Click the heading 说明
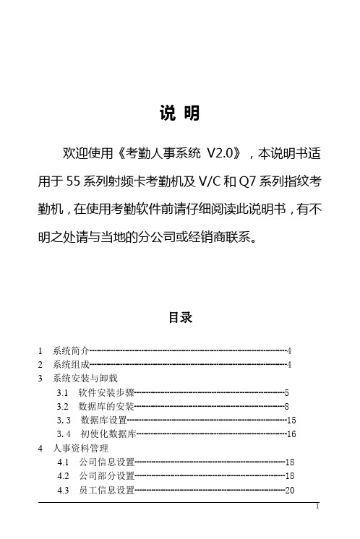(x=179, y=114)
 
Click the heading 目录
(x=180, y=317)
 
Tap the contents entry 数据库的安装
(x=106, y=406)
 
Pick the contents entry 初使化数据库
(x=108, y=434)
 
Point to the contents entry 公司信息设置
(x=106, y=461)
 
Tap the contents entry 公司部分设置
(x=106, y=475)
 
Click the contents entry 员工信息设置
(x=106, y=489)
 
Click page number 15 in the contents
(x=292, y=420)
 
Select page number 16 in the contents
(x=292, y=434)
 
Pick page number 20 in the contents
(x=290, y=489)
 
